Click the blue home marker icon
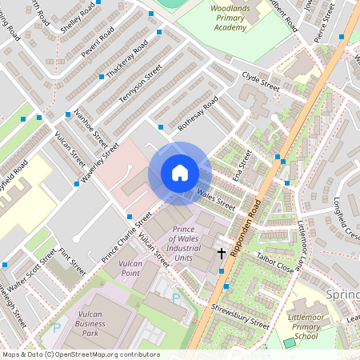point(180,173)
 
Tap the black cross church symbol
point(222,254)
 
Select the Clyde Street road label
point(260,80)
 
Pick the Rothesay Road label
point(198,114)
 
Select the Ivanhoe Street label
point(90,127)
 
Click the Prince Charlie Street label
point(126,238)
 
